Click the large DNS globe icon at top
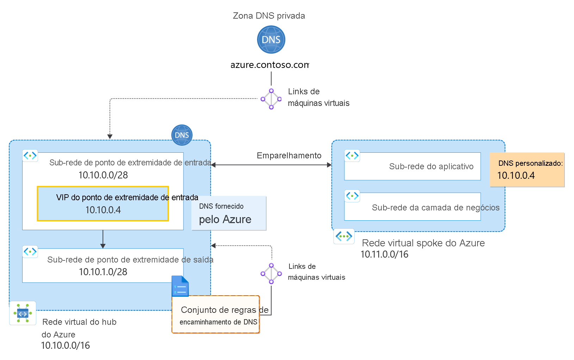point(271,39)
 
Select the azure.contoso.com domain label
point(269,65)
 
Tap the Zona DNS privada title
point(269,16)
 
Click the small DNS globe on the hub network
point(182,135)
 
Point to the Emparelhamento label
point(289,156)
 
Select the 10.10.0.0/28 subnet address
point(103,175)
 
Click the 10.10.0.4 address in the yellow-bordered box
point(103,210)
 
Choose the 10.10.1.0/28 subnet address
point(103,272)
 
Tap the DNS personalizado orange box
point(527,170)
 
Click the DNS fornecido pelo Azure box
point(229,213)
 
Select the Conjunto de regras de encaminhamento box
point(216,315)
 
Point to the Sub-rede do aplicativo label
point(431,166)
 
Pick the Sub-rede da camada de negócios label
point(435,208)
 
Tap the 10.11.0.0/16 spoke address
point(384,254)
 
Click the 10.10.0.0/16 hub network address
point(65,346)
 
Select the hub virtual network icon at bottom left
point(23,313)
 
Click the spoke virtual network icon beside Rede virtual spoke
point(344,236)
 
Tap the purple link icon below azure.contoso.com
point(271,99)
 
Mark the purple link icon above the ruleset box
point(271,273)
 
